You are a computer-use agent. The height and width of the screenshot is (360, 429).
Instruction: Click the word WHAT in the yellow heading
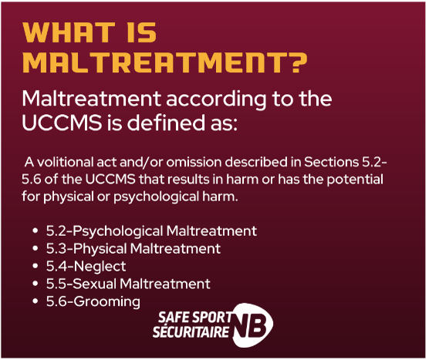point(69,32)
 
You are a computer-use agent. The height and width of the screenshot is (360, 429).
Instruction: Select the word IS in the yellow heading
point(142,32)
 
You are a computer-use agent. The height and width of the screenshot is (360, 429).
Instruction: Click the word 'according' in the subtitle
point(216,99)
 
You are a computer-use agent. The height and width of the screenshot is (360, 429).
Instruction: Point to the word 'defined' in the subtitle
point(166,123)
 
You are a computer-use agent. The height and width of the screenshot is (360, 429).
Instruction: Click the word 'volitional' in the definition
point(65,162)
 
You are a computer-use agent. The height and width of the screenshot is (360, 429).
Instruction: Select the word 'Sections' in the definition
point(331,162)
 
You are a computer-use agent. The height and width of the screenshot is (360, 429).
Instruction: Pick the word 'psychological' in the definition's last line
point(156,197)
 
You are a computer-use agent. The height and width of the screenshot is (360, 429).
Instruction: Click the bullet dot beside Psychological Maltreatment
point(35,231)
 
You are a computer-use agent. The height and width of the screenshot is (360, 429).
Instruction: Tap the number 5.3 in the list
point(56,249)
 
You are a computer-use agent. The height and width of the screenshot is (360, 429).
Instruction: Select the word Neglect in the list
point(100,267)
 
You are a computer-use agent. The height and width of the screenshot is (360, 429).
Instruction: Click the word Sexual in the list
point(95,284)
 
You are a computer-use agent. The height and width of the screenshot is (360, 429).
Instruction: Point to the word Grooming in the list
point(106,301)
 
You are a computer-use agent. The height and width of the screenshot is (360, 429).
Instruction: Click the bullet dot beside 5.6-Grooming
point(35,301)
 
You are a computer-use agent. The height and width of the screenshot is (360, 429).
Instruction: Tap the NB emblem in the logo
point(252,325)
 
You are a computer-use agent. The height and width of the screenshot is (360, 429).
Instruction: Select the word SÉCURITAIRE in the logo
point(191,331)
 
